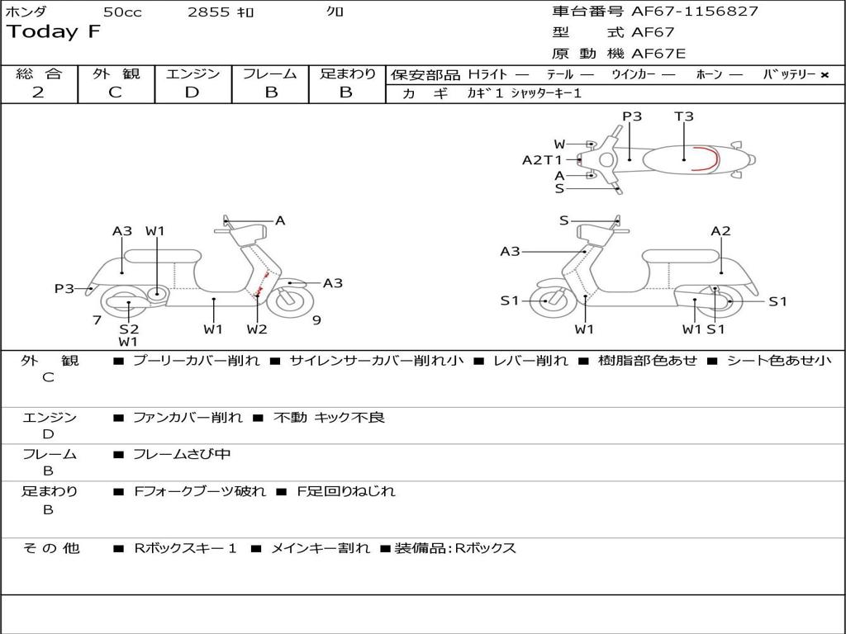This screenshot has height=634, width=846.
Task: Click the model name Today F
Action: click(x=54, y=32)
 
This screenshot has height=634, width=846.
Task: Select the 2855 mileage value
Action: click(x=210, y=12)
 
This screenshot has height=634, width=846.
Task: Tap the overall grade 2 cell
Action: click(x=39, y=92)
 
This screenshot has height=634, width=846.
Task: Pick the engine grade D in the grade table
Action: click(x=192, y=92)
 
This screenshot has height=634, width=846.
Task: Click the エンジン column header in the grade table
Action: click(x=192, y=73)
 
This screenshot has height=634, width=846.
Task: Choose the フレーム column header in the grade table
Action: click(x=270, y=73)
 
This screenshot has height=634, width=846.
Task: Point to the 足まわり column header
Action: click(x=347, y=73)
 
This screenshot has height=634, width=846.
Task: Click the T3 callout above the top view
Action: click(x=684, y=116)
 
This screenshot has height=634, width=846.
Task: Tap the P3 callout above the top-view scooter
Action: click(x=632, y=116)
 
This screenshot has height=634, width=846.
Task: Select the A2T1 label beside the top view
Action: click(x=542, y=160)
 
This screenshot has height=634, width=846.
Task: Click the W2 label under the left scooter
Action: click(x=257, y=329)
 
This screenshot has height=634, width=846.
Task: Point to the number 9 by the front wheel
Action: click(x=316, y=320)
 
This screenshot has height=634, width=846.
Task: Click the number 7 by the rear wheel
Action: click(x=97, y=320)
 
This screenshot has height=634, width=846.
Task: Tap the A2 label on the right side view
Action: click(x=721, y=231)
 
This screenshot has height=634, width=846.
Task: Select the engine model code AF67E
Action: click(x=658, y=54)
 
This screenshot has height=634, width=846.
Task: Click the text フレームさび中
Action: click(x=182, y=454)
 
